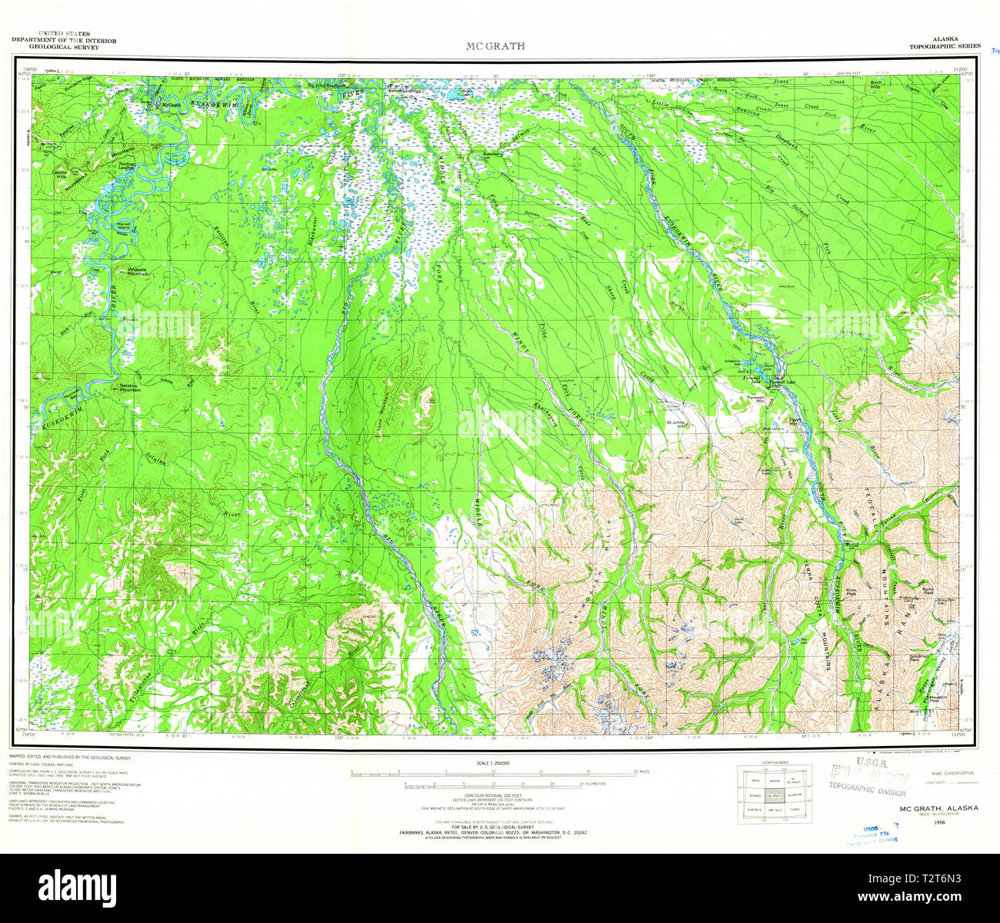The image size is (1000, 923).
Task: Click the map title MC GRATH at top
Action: click(495, 46)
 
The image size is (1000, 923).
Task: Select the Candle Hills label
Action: click(60, 173)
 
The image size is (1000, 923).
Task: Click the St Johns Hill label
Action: click(675, 424)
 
